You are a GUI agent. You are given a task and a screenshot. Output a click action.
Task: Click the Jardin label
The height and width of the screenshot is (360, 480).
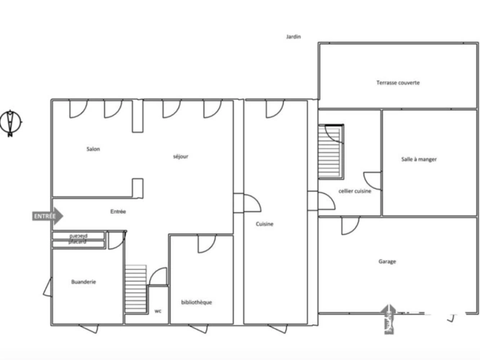(293, 37)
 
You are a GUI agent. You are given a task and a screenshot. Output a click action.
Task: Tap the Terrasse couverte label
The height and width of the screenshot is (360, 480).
(398, 83)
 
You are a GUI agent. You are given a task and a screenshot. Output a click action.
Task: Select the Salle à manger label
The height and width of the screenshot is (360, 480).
(419, 159)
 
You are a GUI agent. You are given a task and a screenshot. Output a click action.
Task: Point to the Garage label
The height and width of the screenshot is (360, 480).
(386, 261)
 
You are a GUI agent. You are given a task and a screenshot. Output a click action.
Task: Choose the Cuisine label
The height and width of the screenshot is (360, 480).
(265, 224)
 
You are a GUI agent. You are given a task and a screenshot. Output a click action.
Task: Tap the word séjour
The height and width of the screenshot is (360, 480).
(180, 156)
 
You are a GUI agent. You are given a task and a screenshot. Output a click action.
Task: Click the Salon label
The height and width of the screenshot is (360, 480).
(93, 149)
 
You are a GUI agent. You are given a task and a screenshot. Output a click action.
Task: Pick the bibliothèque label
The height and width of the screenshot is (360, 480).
(196, 302)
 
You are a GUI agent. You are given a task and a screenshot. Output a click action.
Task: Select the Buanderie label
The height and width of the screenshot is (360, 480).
(84, 282)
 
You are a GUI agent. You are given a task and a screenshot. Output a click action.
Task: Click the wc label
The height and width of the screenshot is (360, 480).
(157, 312)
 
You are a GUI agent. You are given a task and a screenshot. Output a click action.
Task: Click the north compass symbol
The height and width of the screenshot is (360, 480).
(12, 122)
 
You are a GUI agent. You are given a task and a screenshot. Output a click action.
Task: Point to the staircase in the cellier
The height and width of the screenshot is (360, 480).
(332, 152)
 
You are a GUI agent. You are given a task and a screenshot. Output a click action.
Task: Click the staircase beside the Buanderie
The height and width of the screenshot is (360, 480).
(135, 289)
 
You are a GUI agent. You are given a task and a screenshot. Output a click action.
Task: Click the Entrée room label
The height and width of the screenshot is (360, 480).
(118, 212)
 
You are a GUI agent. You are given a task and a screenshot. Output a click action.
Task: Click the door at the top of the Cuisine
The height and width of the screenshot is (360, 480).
(275, 109)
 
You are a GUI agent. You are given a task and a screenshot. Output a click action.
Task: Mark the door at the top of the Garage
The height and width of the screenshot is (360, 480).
(350, 224)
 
